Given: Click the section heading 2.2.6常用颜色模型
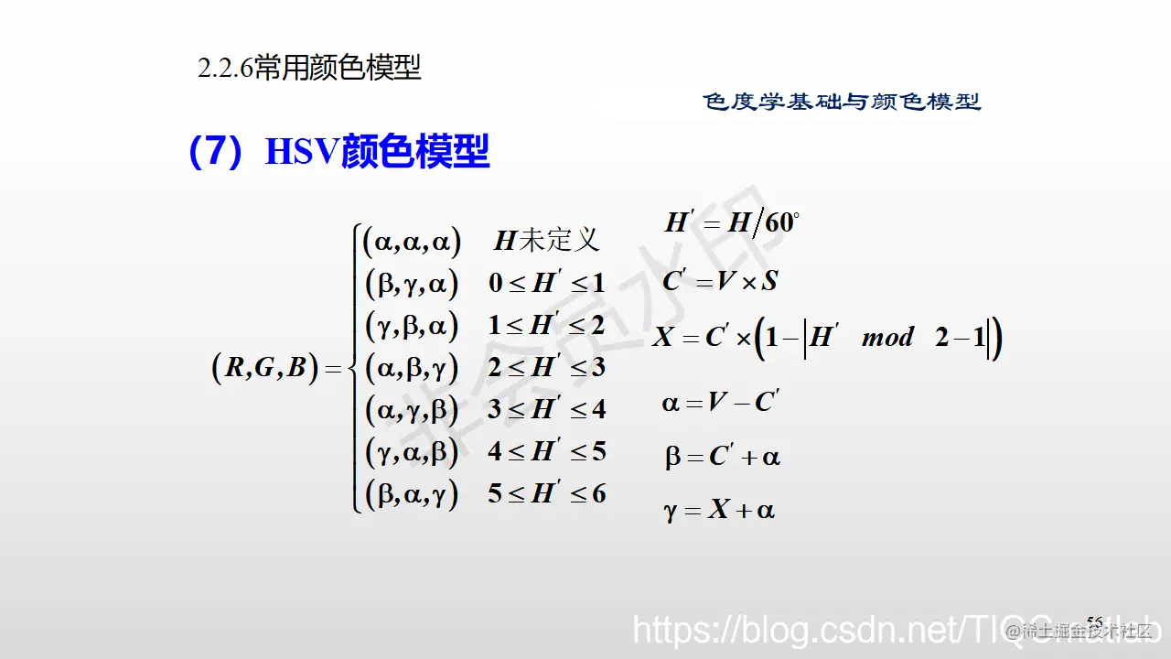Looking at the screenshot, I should pyautogui.click(x=309, y=69).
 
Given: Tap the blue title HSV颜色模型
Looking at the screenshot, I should pyautogui.click(x=377, y=152).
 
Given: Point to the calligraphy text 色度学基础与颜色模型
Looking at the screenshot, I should pyautogui.click(x=842, y=102).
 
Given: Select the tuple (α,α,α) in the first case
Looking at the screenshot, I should pyautogui.click(x=412, y=241).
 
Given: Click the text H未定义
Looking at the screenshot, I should pyautogui.click(x=547, y=241).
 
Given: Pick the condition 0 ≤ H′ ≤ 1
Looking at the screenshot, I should pyautogui.click(x=546, y=283).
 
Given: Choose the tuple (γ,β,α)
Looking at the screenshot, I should pyautogui.click(x=412, y=325).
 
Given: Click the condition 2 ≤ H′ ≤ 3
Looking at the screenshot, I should pyautogui.click(x=546, y=367).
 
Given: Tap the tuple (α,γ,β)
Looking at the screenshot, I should pyautogui.click(x=412, y=409).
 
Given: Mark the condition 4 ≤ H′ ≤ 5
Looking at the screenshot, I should pyautogui.click(x=546, y=451).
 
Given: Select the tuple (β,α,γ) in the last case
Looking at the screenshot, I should pyautogui.click(x=412, y=494).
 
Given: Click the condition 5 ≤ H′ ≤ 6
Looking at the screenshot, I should pyautogui.click(x=546, y=494).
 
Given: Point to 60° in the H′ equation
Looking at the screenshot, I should pyautogui.click(x=782, y=222).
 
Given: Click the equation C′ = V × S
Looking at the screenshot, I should pyautogui.click(x=720, y=281).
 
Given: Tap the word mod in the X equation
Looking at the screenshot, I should pyautogui.click(x=887, y=338).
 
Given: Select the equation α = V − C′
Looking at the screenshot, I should pyautogui.click(x=720, y=402).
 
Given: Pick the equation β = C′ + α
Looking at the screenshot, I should pyautogui.click(x=723, y=457).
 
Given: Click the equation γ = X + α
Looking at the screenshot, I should pyautogui.click(x=720, y=510).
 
